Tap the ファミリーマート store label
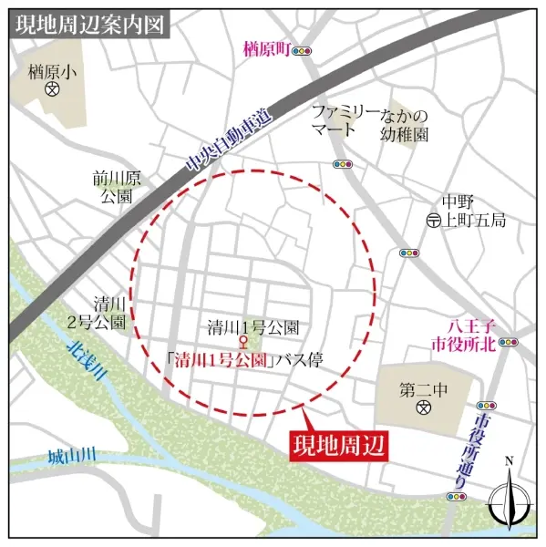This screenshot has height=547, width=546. [344, 119]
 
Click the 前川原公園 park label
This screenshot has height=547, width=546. [115, 187]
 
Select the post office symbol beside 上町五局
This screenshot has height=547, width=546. [434, 221]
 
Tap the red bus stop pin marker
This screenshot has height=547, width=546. [242, 344]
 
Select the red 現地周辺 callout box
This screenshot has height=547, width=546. [338, 446]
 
